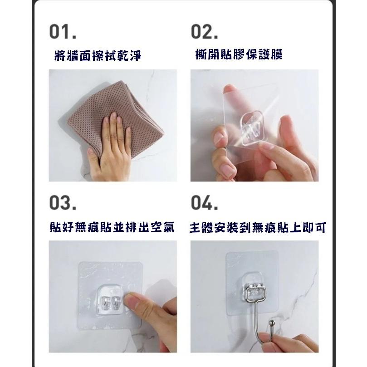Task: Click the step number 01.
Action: click(63, 33)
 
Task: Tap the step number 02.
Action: click(205, 33)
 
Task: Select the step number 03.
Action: click(63, 203)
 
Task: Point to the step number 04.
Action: click(205, 203)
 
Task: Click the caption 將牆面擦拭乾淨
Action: click(97, 55)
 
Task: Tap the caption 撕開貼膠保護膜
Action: click(238, 55)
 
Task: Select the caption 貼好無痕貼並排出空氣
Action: click(112, 227)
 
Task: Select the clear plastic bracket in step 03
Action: click(110, 299)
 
